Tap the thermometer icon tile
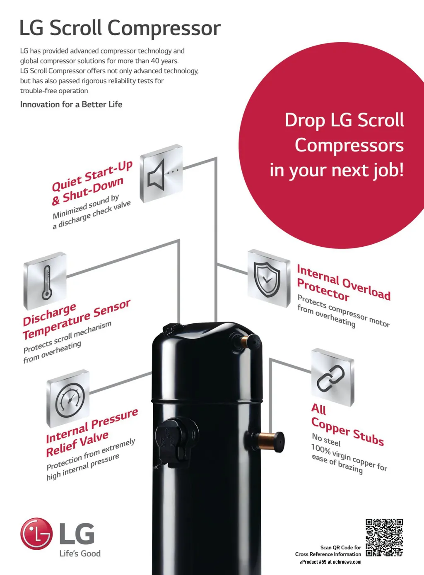click(45, 281)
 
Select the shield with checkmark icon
click(268, 278)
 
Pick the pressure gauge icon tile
click(68, 398)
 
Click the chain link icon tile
click(332, 377)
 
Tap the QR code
click(384, 537)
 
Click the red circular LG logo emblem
click(36, 534)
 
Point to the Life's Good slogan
click(80, 553)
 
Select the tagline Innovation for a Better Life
click(71, 104)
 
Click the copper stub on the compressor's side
click(269, 440)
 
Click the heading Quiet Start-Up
click(92, 176)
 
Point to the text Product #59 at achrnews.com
click(331, 562)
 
